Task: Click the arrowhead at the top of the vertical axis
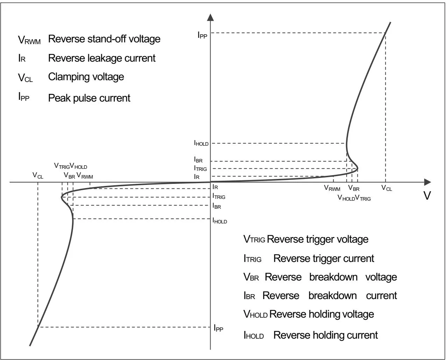(210, 18)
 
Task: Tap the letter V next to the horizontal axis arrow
(427, 195)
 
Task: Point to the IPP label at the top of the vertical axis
(203, 35)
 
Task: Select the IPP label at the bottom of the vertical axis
(218, 328)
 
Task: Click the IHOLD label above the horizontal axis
(201, 143)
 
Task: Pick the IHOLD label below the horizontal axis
(220, 221)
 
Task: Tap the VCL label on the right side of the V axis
(387, 188)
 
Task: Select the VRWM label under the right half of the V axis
(332, 188)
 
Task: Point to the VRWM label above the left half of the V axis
(85, 176)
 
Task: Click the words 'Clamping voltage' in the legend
(86, 76)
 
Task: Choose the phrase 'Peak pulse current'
(89, 98)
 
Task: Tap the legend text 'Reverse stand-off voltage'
(104, 39)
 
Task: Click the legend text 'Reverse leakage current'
(102, 58)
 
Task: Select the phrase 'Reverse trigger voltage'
(318, 239)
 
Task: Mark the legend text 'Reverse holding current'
(325, 335)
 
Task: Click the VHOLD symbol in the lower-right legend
(255, 314)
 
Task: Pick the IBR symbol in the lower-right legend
(249, 296)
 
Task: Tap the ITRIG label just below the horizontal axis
(219, 196)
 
